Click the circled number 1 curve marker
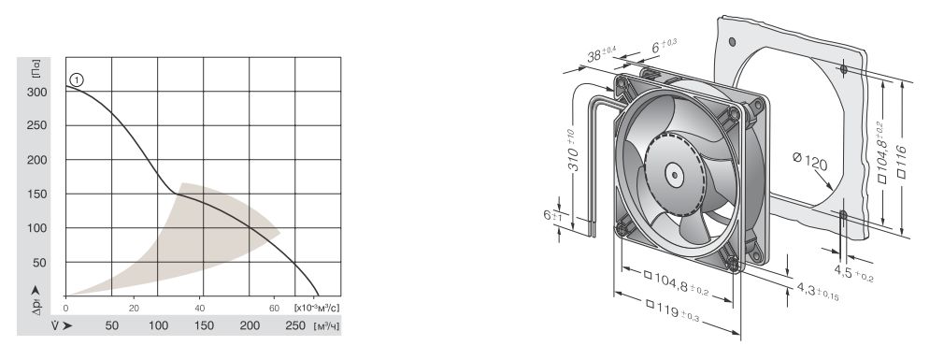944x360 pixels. pos(77,79)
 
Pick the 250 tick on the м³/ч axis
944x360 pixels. pos(295,325)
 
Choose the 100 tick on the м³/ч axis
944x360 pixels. pos(158,325)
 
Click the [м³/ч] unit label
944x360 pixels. pos(326,325)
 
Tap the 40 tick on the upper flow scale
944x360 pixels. pos(200,308)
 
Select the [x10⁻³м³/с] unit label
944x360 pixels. pos(317,308)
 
